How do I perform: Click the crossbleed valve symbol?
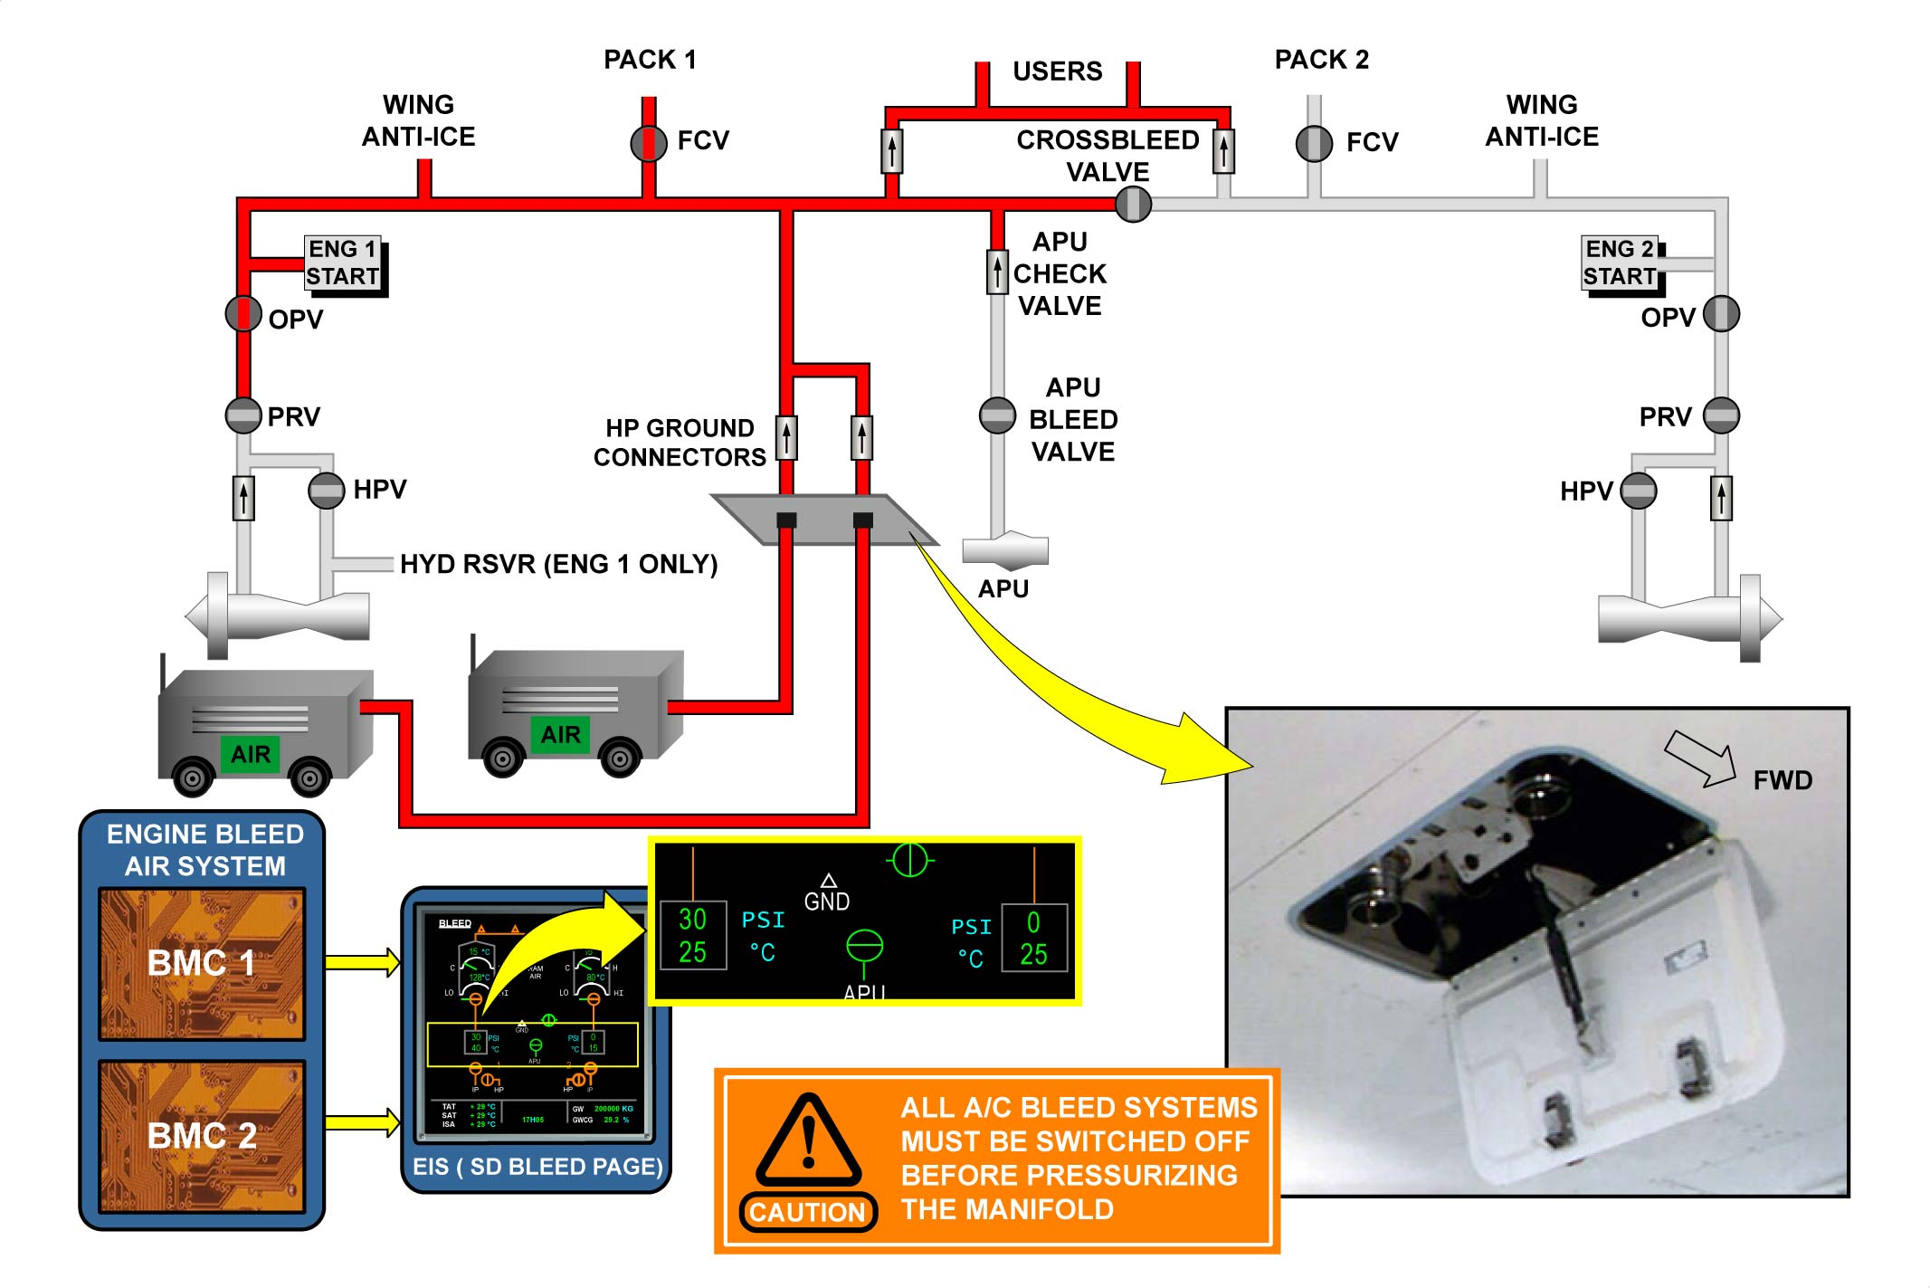click(x=1133, y=205)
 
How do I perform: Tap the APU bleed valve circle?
click(x=997, y=415)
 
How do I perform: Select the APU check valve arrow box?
click(x=997, y=272)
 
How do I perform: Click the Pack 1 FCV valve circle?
click(x=649, y=143)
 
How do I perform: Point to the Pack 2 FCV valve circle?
click(x=1314, y=143)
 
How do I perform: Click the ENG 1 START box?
click(x=343, y=263)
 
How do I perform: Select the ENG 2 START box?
click(x=1621, y=263)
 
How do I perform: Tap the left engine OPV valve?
click(x=243, y=314)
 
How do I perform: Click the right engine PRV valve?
click(x=1721, y=415)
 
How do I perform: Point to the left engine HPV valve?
click(x=327, y=491)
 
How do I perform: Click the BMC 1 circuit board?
click(x=202, y=963)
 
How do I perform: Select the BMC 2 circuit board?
click(x=202, y=1136)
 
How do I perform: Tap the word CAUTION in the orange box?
click(x=808, y=1213)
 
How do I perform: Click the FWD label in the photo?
click(x=1783, y=780)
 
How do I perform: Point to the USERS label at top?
click(x=1058, y=72)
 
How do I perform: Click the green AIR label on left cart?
click(x=251, y=754)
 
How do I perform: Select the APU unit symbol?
click(x=1004, y=549)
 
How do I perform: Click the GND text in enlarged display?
click(x=827, y=902)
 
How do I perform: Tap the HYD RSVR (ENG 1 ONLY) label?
click(x=558, y=565)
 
